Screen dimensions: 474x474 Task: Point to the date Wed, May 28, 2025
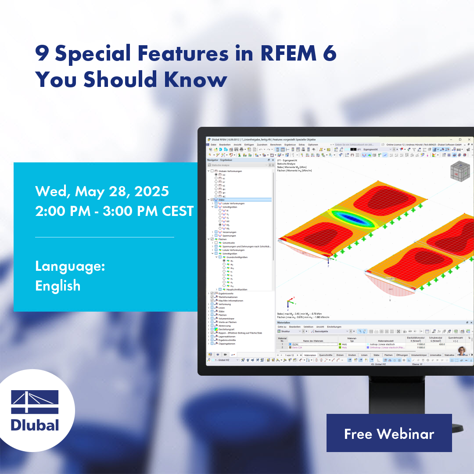click(x=102, y=191)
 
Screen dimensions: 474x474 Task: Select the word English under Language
click(x=58, y=286)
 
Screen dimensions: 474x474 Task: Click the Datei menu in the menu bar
click(x=213, y=144)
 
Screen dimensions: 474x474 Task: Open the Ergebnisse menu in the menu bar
click(x=290, y=144)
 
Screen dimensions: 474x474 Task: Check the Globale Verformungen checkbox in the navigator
click(x=212, y=171)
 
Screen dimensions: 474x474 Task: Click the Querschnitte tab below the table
click(x=325, y=355)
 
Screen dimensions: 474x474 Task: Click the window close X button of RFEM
click(x=469, y=140)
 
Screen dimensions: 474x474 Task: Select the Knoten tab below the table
click(x=352, y=355)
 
